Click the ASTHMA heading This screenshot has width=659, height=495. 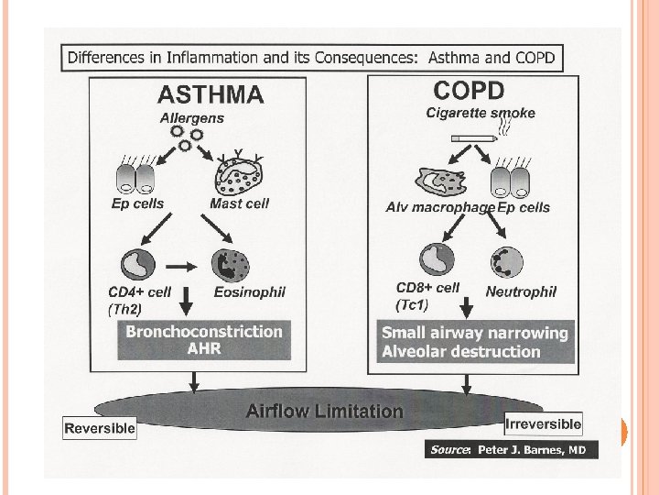[211, 93]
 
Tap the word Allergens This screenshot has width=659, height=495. [191, 117]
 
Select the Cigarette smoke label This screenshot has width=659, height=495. [481, 113]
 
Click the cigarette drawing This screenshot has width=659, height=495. [473, 139]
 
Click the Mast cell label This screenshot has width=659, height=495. [239, 203]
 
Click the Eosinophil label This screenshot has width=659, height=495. [249, 292]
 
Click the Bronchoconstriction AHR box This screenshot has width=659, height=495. [204, 339]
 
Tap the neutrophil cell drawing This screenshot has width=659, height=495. [509, 262]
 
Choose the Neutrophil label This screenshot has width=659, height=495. [521, 291]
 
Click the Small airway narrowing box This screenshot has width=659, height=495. [474, 342]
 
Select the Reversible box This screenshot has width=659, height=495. [100, 427]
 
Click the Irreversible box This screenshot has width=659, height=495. [543, 423]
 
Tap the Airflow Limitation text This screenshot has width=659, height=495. [324, 412]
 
